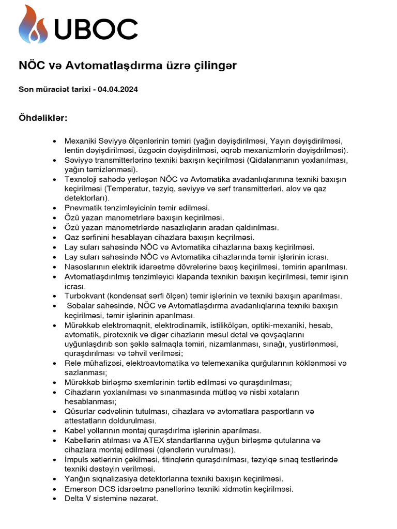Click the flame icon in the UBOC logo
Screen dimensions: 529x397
pos(33,24)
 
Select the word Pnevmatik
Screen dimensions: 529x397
pos(82,208)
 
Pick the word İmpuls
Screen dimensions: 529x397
pos(77,459)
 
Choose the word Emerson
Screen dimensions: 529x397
pos(82,489)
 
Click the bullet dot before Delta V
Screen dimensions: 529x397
pos(55,499)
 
